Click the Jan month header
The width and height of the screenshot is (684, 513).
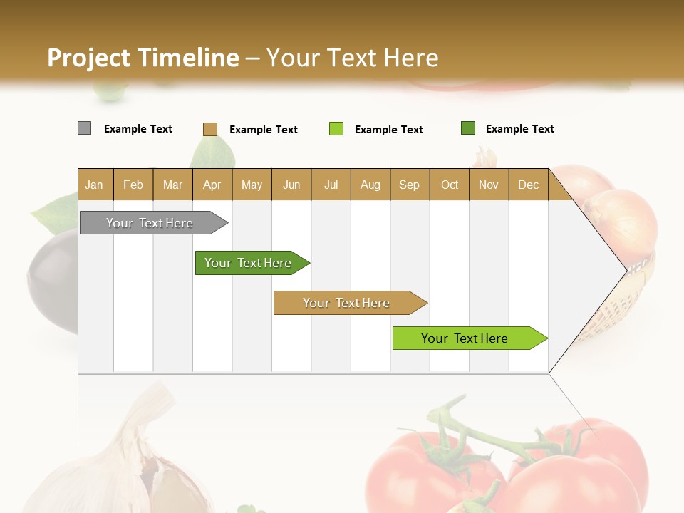coord(95,185)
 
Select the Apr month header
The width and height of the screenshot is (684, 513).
coord(212,185)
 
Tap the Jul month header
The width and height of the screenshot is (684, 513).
coord(331,185)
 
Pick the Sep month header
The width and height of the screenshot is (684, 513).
coord(410,185)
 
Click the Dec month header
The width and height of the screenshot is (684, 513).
coord(528,185)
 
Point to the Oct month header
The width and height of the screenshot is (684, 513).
coord(450,185)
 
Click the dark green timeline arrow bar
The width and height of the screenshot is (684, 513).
coord(249,263)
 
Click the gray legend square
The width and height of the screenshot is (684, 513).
coord(84,128)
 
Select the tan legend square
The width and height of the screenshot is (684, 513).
coord(209,129)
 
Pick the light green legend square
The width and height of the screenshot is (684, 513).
coord(336,129)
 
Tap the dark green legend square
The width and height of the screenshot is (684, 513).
coord(468,128)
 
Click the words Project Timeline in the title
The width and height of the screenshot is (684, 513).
coord(142,58)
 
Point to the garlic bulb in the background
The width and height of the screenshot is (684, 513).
coord(128,463)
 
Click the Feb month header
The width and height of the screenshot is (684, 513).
coord(133,185)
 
